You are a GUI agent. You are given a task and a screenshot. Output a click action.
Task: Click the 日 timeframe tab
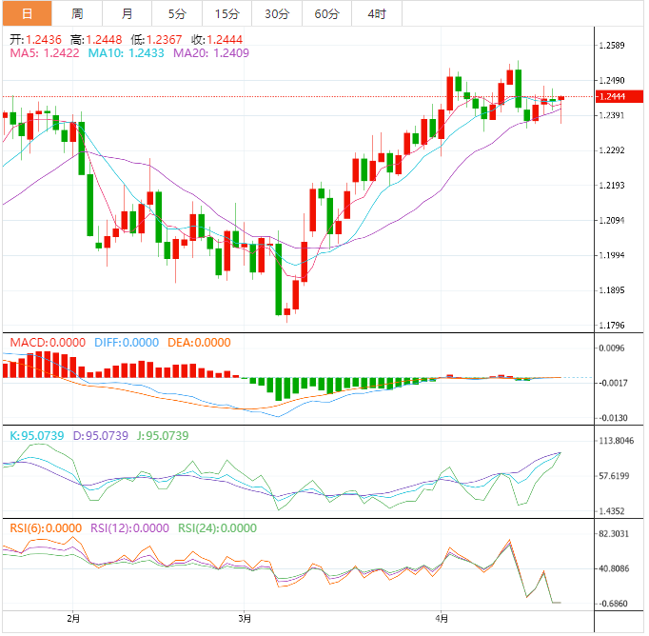click(26, 14)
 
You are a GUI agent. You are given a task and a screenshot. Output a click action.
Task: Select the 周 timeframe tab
click(76, 14)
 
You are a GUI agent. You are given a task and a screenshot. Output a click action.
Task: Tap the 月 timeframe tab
click(128, 14)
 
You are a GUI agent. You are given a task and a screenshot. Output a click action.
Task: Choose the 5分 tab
click(177, 14)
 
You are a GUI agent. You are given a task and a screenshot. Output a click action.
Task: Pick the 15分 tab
click(227, 14)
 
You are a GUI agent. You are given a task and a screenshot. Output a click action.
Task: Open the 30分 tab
click(277, 14)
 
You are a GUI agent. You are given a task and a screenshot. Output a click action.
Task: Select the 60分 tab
click(326, 14)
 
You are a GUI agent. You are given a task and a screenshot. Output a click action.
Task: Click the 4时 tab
click(376, 14)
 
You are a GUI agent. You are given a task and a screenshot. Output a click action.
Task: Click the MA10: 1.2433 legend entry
click(126, 53)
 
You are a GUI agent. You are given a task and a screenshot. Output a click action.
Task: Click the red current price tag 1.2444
click(611, 96)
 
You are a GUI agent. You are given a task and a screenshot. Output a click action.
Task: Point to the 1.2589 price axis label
click(614, 46)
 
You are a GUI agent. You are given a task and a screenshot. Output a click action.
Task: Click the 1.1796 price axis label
click(614, 326)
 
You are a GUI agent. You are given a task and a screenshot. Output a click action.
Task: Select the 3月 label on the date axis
click(246, 618)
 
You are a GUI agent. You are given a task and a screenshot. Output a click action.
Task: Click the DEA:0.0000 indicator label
click(199, 342)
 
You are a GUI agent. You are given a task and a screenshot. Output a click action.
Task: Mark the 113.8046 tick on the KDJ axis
click(617, 441)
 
